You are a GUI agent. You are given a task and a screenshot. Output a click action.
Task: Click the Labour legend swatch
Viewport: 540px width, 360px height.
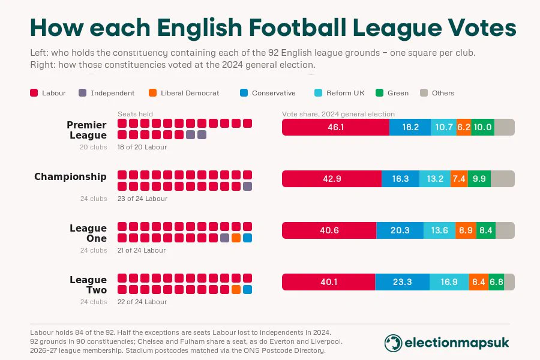coord(34,92)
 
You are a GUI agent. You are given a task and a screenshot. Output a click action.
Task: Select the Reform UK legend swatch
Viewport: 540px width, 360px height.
coord(318,92)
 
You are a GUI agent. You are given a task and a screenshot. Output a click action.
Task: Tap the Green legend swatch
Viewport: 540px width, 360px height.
coord(380,92)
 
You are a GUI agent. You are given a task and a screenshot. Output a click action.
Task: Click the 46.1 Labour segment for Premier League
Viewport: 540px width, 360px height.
coord(335,127)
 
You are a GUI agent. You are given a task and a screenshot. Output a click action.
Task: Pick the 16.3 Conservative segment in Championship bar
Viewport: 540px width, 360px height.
coord(401,179)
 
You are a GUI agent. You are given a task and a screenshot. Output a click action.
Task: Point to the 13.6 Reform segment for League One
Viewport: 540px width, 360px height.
coord(439,230)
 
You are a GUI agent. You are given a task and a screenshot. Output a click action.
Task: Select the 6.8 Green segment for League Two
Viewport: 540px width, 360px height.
coord(496,282)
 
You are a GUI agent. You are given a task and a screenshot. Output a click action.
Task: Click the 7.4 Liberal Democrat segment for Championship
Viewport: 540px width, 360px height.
coord(459,179)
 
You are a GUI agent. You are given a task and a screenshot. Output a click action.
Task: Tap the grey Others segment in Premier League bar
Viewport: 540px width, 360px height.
coord(505,127)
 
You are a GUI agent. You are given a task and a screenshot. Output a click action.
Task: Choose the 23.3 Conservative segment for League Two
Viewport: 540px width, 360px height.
coord(402,282)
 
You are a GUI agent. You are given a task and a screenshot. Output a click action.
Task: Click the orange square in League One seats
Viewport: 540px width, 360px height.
coord(236,238)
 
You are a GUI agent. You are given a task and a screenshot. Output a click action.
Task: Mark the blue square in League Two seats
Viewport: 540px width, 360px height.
coord(247,289)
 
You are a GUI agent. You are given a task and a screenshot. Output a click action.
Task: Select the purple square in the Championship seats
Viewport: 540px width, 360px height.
coord(247,187)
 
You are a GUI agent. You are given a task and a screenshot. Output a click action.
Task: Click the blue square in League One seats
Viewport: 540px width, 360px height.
coord(247,238)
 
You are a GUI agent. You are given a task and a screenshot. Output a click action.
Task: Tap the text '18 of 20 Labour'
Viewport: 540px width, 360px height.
coord(142,147)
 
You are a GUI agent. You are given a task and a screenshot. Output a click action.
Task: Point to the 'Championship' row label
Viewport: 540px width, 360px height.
coord(70,176)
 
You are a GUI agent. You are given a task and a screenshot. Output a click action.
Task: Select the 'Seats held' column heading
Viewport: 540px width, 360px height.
coord(135,114)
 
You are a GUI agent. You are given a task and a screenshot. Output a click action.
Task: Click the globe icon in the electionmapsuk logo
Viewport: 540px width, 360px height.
coord(393,343)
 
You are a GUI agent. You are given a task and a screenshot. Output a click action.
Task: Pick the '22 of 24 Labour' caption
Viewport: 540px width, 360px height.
coord(142,302)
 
